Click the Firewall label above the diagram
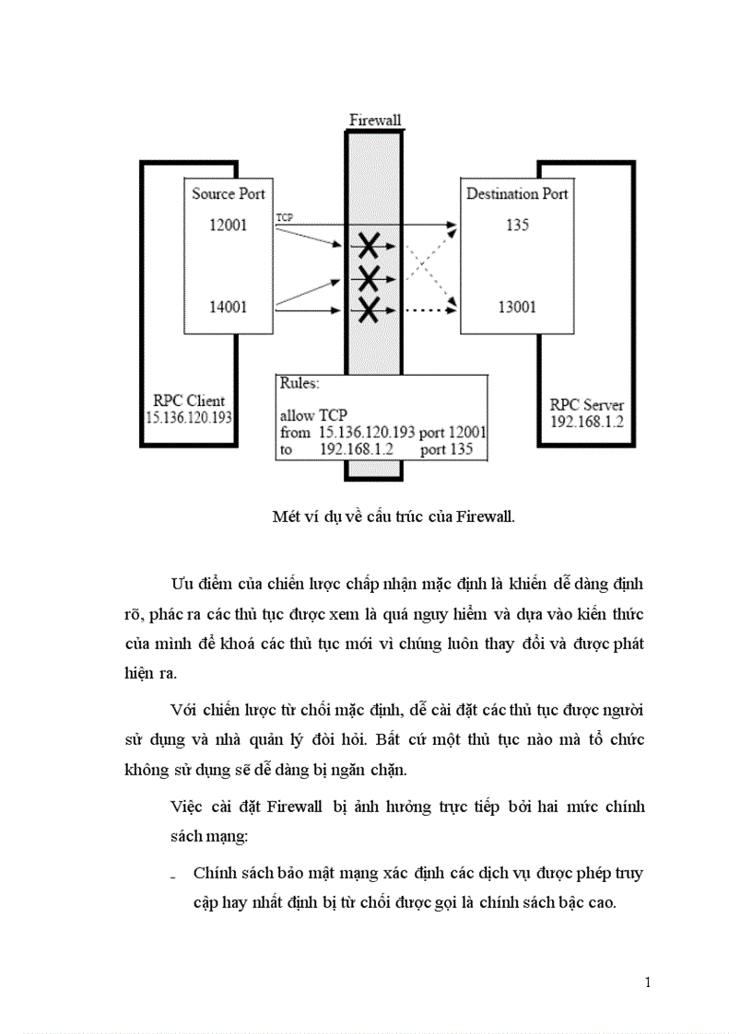[x=375, y=121]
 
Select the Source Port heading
[x=228, y=193]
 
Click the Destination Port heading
[x=517, y=193]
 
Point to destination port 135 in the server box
[x=517, y=225]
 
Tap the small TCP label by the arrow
[x=285, y=217]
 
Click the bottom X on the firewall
[x=369, y=310]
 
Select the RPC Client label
[x=189, y=401]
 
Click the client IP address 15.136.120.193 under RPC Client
[x=189, y=417]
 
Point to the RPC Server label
[x=586, y=405]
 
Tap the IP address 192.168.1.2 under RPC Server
[x=586, y=421]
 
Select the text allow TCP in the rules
[x=313, y=415]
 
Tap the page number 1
[x=648, y=982]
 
